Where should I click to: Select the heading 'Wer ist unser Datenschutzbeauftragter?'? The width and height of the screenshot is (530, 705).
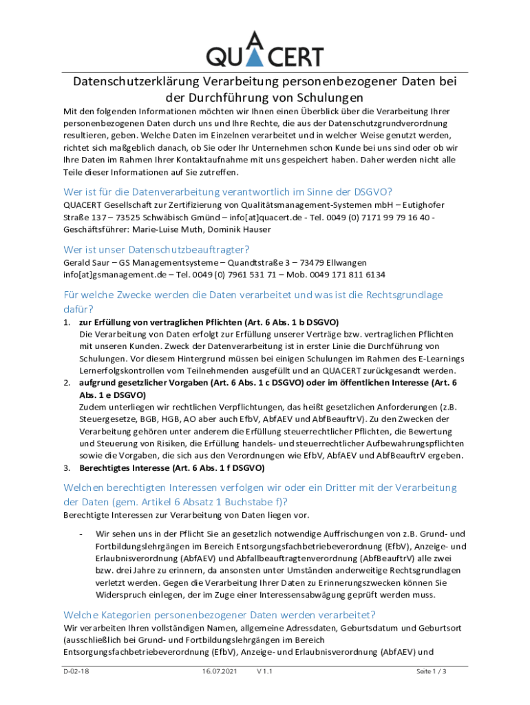(x=156, y=249)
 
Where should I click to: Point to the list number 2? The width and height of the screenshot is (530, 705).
(x=67, y=381)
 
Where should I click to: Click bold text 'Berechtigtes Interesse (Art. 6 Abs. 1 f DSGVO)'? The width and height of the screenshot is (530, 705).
(x=171, y=468)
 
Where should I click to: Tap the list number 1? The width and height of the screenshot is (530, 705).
(x=67, y=322)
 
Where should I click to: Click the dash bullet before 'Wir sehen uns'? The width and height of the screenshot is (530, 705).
(x=81, y=534)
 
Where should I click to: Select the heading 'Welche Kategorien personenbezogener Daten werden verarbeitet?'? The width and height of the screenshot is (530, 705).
(x=220, y=615)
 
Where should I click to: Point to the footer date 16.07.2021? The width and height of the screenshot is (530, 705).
(x=220, y=671)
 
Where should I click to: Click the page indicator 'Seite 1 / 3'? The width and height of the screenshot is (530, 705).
(x=432, y=671)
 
